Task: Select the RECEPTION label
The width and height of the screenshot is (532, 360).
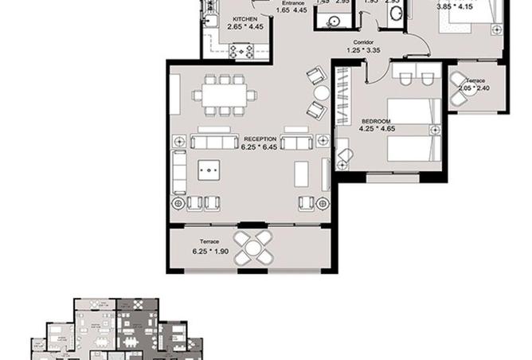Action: coord(260,139)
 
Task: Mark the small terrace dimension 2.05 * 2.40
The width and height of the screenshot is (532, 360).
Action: coord(475,88)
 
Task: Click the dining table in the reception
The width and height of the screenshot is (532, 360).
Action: coord(225,94)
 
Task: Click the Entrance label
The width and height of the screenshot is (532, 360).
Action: coord(293,2)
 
